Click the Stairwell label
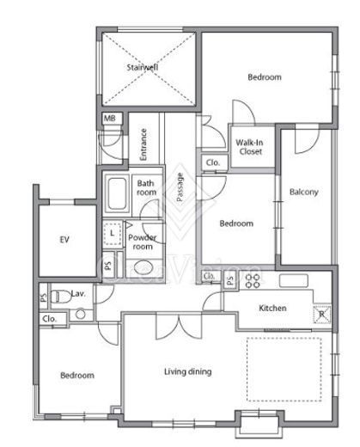click(143, 68)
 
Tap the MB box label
click(110, 118)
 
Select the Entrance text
click(143, 144)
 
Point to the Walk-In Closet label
click(249, 147)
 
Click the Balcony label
click(304, 192)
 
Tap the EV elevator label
click(64, 240)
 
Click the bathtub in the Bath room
click(117, 194)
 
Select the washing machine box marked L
click(113, 233)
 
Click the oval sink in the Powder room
click(143, 268)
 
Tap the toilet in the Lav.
click(61, 297)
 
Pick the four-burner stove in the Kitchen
click(253, 281)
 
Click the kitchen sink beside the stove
click(294, 280)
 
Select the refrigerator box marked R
click(322, 315)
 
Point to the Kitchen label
click(272, 309)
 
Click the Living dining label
click(188, 372)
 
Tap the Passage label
click(180, 187)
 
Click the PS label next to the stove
click(230, 279)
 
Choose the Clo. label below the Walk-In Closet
click(213, 162)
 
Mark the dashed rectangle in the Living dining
click(284, 370)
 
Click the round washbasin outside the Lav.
click(81, 314)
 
